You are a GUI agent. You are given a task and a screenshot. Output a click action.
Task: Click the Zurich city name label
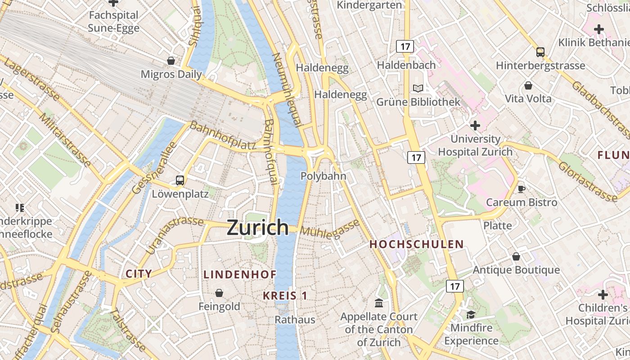tap(257, 227)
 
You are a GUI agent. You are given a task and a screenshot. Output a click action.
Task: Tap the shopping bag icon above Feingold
tap(219, 293)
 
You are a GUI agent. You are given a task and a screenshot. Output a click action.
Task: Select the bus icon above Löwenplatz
tap(180, 180)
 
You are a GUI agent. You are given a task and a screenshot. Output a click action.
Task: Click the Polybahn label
tap(323, 176)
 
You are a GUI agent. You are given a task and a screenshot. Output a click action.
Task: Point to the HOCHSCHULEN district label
tap(416, 244)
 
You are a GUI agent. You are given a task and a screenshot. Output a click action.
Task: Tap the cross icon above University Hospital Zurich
tap(475, 125)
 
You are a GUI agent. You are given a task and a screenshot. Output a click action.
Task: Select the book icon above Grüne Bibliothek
tap(418, 88)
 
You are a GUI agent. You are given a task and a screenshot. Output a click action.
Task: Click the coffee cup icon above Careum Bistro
tap(522, 189)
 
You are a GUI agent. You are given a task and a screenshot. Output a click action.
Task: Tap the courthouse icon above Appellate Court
tap(379, 303)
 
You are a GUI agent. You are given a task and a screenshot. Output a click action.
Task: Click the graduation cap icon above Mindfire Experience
tap(471, 314)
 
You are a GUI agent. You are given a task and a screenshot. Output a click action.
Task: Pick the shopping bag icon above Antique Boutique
tap(516, 256)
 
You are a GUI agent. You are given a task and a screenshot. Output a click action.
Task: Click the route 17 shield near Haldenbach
tap(405, 46)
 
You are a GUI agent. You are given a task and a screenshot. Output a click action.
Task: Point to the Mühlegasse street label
tap(330, 229)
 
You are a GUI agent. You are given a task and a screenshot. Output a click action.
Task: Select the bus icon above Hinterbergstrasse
tap(540, 52)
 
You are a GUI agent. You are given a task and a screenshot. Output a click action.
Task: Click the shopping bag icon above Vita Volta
tap(528, 85)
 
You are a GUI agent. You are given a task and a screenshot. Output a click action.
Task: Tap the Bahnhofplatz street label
tap(223, 135)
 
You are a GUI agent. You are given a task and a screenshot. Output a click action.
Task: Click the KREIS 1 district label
tap(285, 296)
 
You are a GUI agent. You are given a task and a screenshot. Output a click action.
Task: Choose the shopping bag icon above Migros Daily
tap(171, 60)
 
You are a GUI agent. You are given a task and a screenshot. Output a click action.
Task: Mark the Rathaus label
tap(295, 319)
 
